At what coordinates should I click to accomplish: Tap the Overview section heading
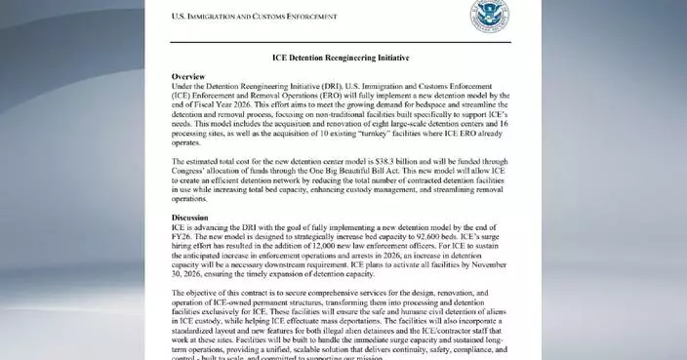[188, 76]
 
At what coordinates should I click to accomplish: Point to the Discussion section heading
[192, 217]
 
